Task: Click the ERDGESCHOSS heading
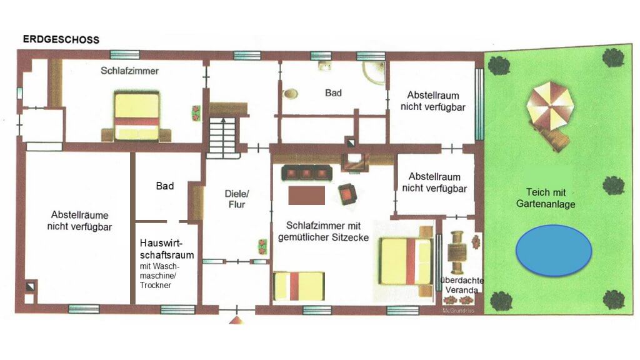click(x=61, y=39)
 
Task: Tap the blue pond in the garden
click(x=554, y=251)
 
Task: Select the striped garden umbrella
click(x=550, y=105)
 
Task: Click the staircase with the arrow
click(x=223, y=137)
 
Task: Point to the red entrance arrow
click(x=236, y=320)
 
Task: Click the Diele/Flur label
click(x=237, y=199)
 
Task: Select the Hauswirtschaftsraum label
click(x=166, y=249)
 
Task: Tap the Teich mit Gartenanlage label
click(x=546, y=198)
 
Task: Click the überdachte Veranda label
click(x=462, y=285)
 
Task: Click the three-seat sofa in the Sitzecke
click(x=306, y=173)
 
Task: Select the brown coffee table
click(x=306, y=196)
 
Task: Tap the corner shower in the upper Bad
click(x=374, y=72)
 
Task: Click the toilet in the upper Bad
click(x=290, y=94)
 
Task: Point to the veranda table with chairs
click(x=457, y=252)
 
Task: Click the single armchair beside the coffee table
click(x=347, y=194)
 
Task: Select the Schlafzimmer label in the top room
click(x=130, y=71)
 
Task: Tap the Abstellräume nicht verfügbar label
click(x=79, y=221)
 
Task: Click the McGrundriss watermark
click(x=458, y=311)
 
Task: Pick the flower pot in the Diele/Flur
click(x=262, y=247)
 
